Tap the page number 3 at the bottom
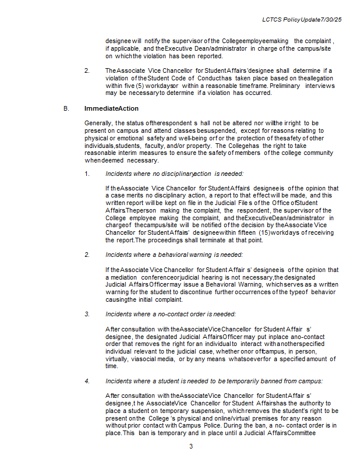click(x=190, y=446)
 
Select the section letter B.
click(x=66, y=108)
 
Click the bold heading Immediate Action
click(x=111, y=108)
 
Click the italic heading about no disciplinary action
click(x=174, y=174)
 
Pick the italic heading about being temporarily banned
click(x=214, y=381)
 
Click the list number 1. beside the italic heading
click(x=87, y=174)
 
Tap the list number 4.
click(x=87, y=381)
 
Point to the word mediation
click(x=126, y=277)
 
